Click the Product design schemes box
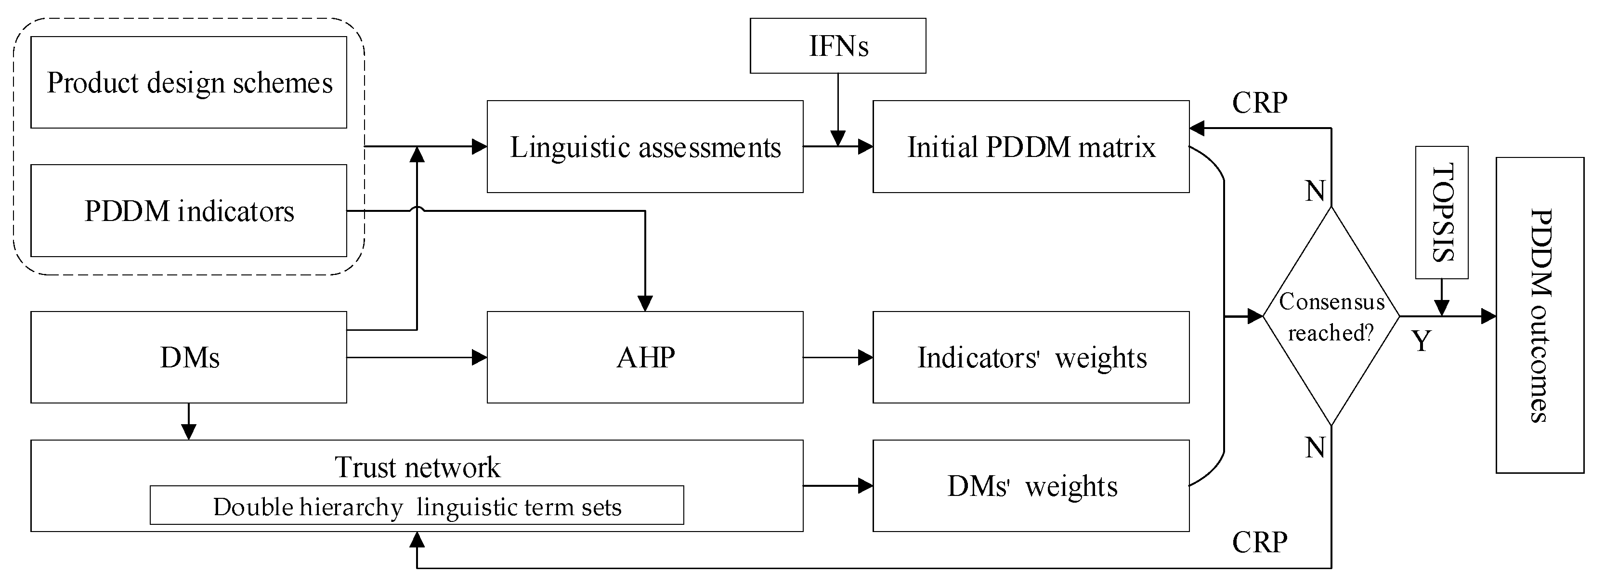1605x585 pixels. pos(189,82)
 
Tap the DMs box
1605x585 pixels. pos(189,357)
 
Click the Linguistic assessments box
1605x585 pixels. pos(645,146)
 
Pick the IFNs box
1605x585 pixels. pos(837,45)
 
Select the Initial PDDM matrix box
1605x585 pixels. pos(1031,146)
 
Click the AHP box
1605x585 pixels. pos(645,357)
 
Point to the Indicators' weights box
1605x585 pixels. pos(1031,357)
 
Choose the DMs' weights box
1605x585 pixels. pos(1031,485)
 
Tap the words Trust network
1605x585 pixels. pos(417,467)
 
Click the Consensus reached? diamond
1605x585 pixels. pos(1331,316)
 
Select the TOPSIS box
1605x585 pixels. pos(1442,212)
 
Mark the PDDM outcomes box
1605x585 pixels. pos(1540,315)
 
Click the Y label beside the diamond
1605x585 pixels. pos(1421,341)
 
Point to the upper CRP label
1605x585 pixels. pos(1259,103)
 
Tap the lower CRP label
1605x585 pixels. pos(1259,542)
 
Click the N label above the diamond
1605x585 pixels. pos(1315,191)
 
